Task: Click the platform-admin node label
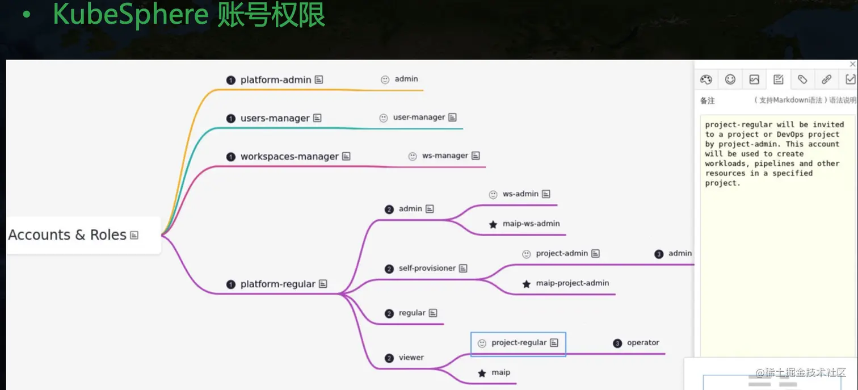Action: coord(275,80)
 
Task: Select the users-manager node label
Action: coord(275,118)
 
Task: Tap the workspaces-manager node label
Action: coord(289,156)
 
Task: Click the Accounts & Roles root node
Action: coord(68,235)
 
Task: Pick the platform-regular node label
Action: coord(277,284)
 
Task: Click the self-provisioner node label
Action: coord(427,268)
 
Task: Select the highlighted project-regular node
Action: coord(519,343)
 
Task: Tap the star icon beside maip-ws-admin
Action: coord(493,224)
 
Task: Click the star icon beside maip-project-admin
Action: coord(527,284)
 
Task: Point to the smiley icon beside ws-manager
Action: coord(413,156)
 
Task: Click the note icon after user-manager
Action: coord(452,118)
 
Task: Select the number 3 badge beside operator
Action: coord(617,343)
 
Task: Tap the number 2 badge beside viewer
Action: coord(389,358)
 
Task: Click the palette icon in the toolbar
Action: coord(706,79)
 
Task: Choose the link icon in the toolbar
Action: coord(826,79)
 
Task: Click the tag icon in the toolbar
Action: coord(802,79)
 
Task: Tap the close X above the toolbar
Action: coord(852,64)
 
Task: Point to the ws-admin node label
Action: coord(520,194)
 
